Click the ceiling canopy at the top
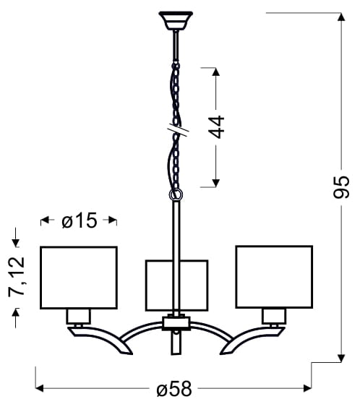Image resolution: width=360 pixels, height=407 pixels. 176,20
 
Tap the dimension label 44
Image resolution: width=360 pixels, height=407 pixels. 216,127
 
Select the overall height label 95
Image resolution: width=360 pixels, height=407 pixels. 341,187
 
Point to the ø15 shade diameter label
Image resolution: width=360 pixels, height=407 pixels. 80,220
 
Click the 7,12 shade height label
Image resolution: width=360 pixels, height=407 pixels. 17,277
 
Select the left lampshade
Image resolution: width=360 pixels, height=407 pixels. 79,278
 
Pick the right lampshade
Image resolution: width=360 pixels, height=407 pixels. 274,277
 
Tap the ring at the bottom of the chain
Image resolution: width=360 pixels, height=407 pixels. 176,194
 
